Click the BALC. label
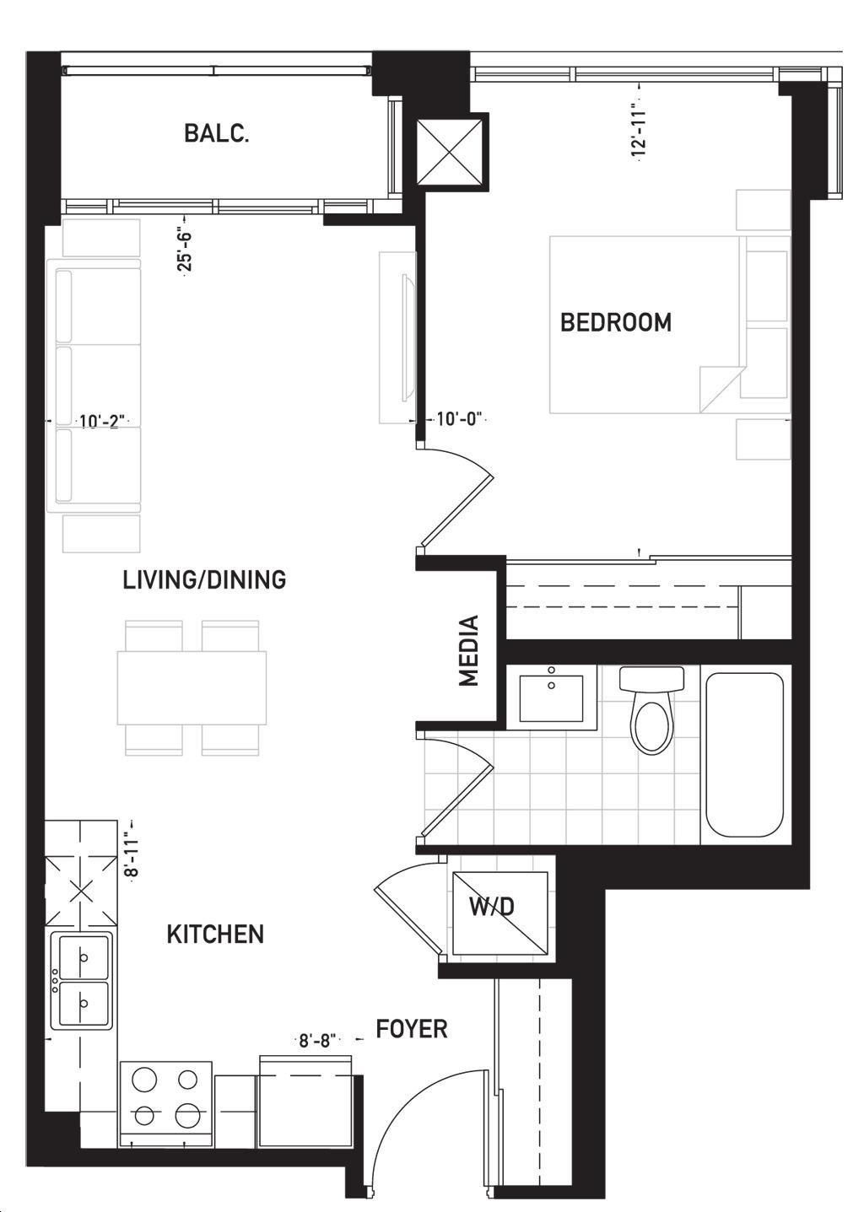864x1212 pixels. point(217,133)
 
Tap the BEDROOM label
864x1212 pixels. point(616,322)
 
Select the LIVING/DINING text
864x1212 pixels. point(205,580)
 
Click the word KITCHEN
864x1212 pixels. point(215,935)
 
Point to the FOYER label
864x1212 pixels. point(412,1029)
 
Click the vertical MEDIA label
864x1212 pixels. point(469,650)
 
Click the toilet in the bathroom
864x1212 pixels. point(651,709)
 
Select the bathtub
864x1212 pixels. point(745,754)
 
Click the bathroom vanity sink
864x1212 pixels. point(551,697)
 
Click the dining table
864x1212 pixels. point(192,687)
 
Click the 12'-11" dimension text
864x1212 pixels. point(640,133)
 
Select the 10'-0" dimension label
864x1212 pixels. point(458,419)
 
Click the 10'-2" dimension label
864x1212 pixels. point(102,420)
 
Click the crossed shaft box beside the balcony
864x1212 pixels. point(451,154)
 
